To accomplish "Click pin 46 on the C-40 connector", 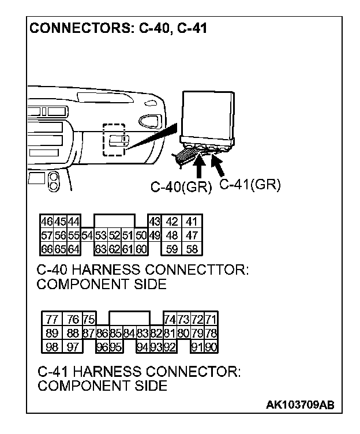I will coord(47,222).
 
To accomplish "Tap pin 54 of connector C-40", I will coord(87,235).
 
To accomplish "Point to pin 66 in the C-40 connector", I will coord(47,249).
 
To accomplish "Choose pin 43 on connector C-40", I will coord(154,222).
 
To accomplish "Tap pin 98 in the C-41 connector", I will coord(52,347).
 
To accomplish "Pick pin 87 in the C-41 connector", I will coord(88,334).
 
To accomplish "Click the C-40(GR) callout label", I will coord(181,187).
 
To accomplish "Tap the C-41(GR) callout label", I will coord(250,185).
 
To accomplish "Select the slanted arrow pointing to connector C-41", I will coord(218,166).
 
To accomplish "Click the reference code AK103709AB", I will coord(299,405).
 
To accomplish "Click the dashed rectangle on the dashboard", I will coord(112,139).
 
